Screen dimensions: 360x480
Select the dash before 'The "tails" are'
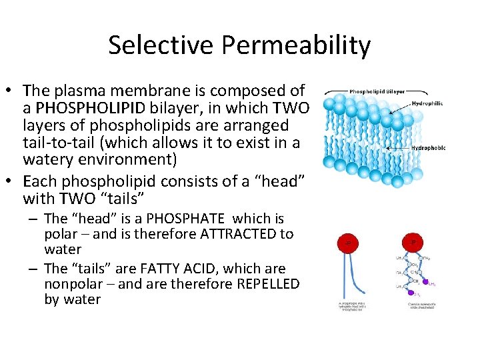pyautogui.click(x=33, y=269)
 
